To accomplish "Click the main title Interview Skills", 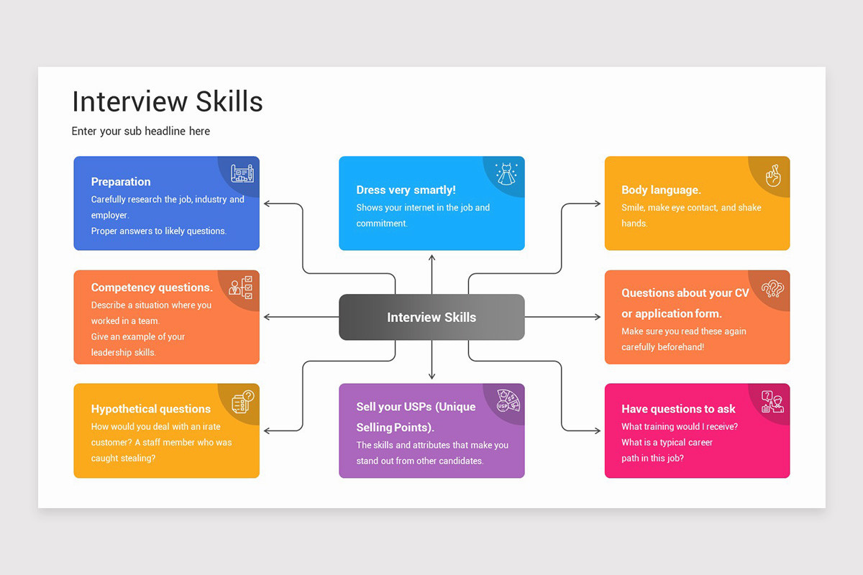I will click(167, 102).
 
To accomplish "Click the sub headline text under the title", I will click(140, 131).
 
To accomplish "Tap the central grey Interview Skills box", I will click(431, 317).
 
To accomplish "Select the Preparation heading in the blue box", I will click(121, 182).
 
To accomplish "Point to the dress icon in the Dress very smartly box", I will click(506, 173).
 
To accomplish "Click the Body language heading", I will click(661, 190).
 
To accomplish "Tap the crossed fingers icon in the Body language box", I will click(773, 175).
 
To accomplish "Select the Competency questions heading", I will click(152, 287).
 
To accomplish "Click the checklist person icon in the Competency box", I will click(241, 287).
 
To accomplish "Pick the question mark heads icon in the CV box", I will click(772, 288).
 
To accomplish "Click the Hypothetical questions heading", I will click(151, 409).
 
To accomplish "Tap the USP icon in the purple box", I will click(508, 401).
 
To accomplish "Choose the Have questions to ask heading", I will click(678, 409).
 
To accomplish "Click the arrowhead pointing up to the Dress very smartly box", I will click(431, 257).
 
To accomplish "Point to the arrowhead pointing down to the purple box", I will click(431, 376).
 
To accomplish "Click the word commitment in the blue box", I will click(381, 224).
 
